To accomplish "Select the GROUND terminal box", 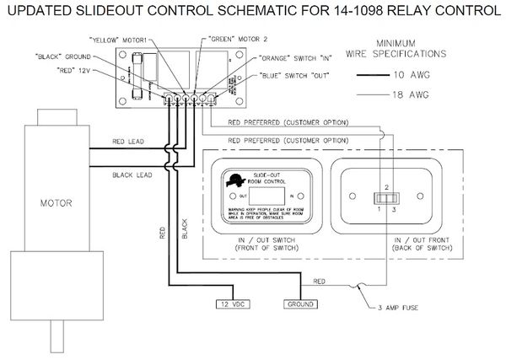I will coord(300,304).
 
